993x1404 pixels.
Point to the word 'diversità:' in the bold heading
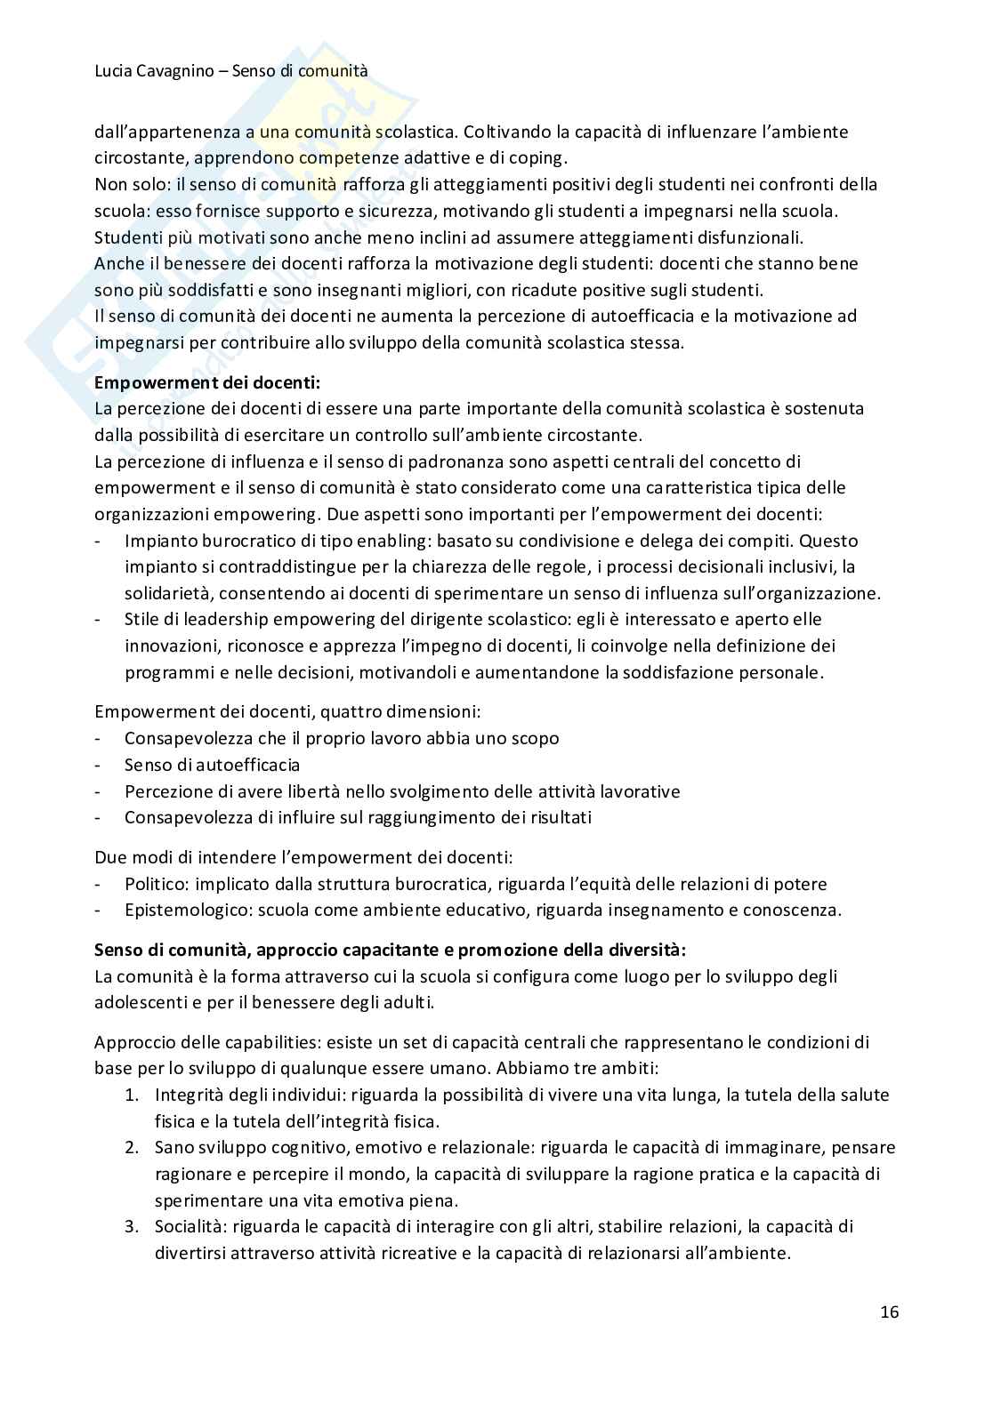[x=648, y=950]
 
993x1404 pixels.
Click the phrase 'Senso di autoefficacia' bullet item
[x=212, y=765]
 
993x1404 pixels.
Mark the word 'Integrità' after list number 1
[x=190, y=1095]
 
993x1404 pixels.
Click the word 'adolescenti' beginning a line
[x=138, y=1002]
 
